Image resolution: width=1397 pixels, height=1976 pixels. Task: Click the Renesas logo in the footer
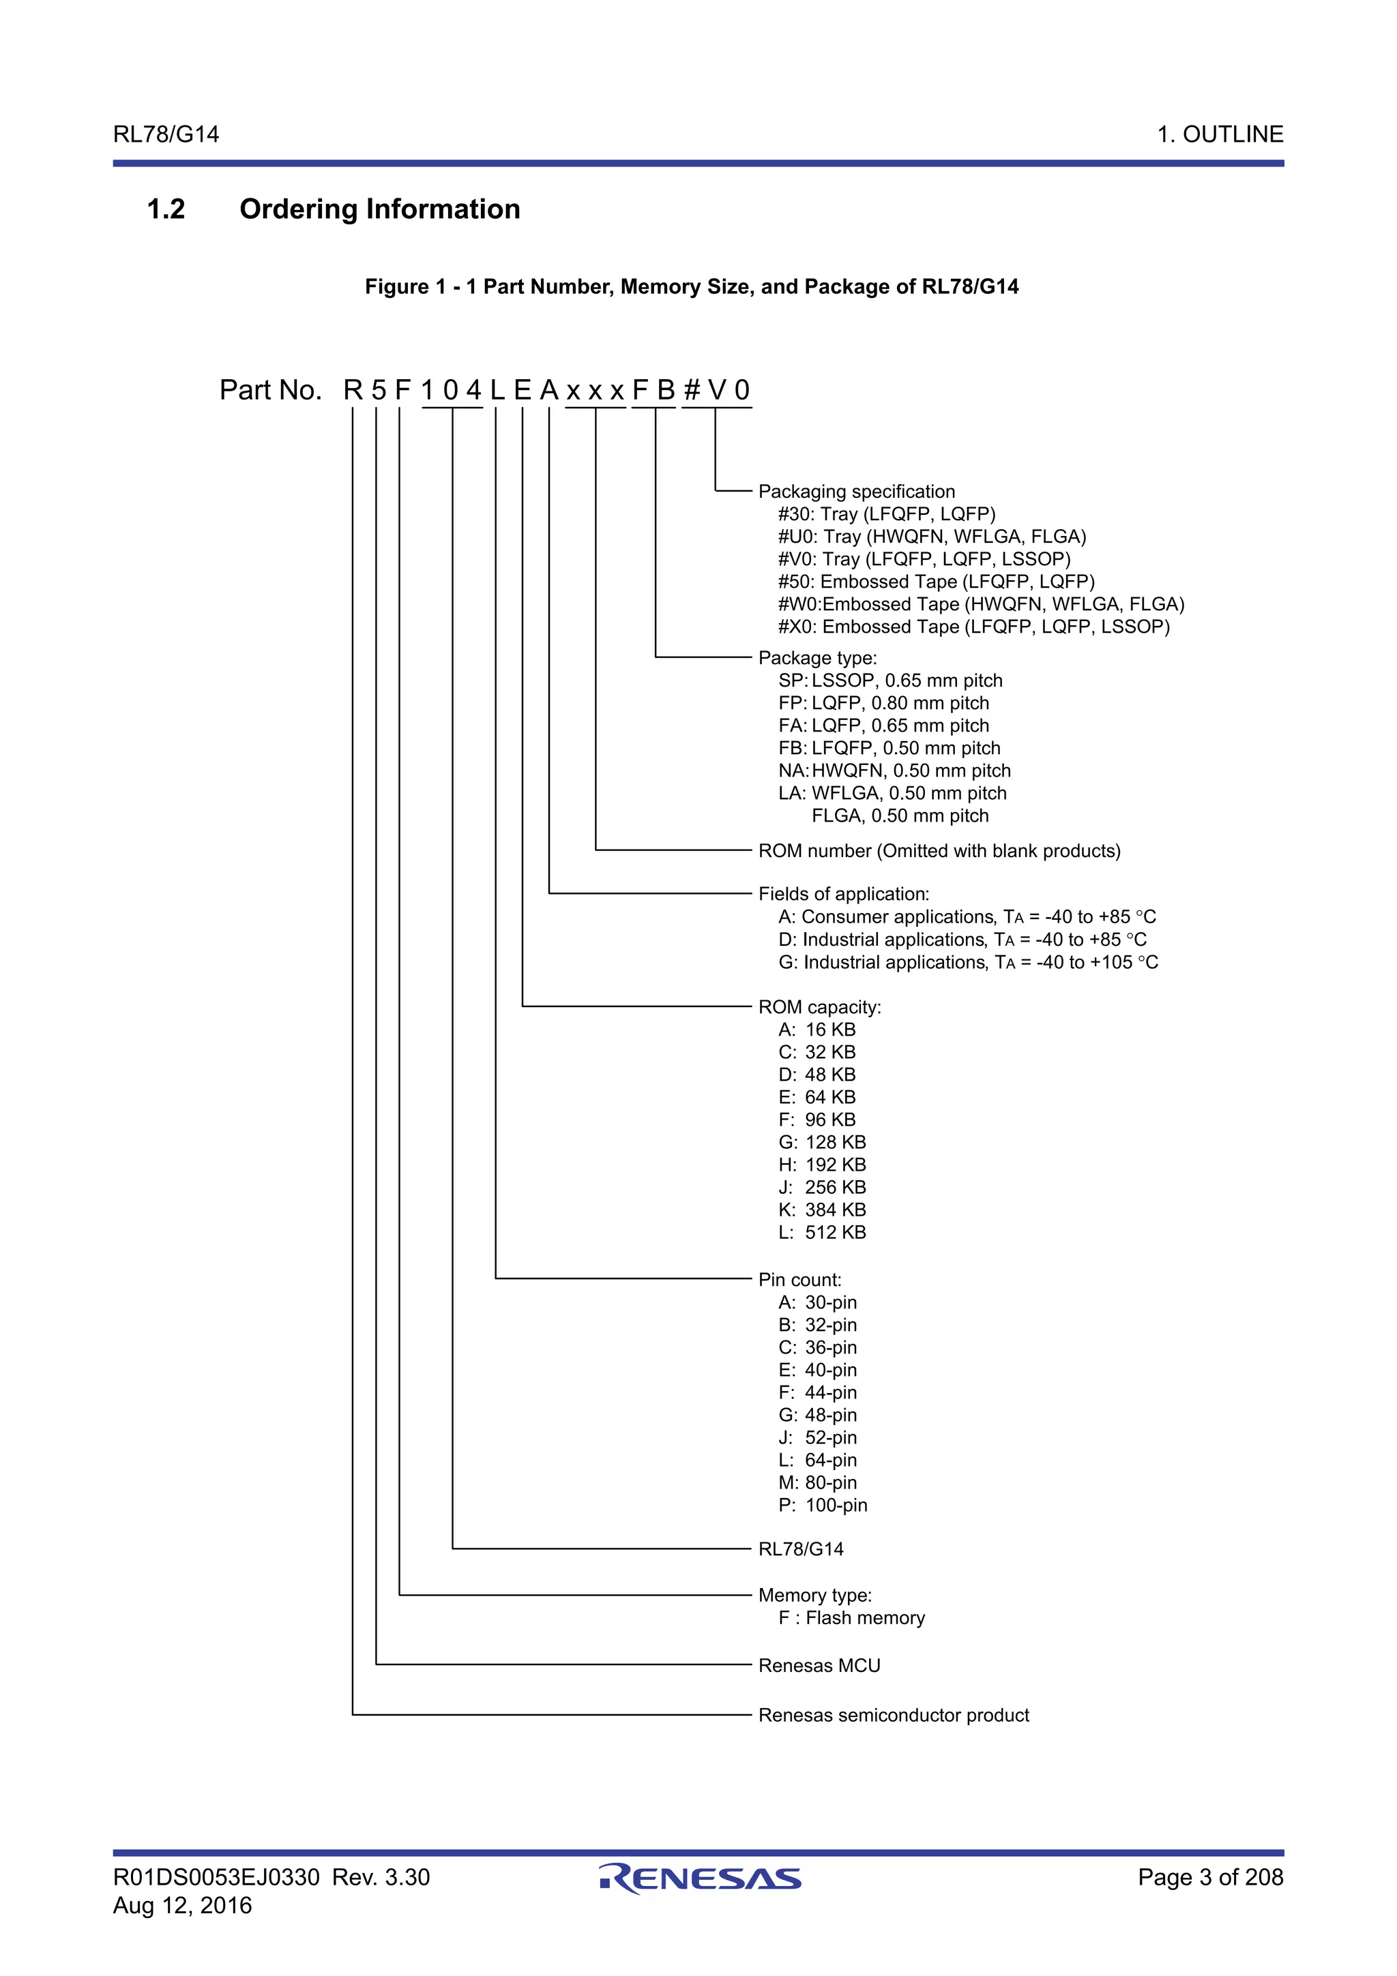pyautogui.click(x=700, y=1878)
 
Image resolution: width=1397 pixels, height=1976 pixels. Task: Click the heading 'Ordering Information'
pyautogui.click(x=379, y=209)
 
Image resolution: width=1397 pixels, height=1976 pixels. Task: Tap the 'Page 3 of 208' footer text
pyautogui.click(x=1209, y=1877)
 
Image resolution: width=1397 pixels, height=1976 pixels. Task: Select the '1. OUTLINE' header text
pyautogui.click(x=1219, y=134)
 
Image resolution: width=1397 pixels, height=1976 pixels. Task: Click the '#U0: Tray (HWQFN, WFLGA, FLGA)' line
pyautogui.click(x=931, y=537)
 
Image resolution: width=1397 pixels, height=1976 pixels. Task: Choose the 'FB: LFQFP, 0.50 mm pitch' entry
pyautogui.click(x=889, y=748)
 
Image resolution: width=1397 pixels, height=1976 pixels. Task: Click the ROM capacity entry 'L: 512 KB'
pyautogui.click(x=822, y=1232)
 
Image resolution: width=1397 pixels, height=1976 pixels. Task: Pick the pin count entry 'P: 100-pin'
pyautogui.click(x=823, y=1506)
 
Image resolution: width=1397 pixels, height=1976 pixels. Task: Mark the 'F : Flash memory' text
pyautogui.click(x=851, y=1618)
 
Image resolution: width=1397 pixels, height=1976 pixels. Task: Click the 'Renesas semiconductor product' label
pyautogui.click(x=893, y=1716)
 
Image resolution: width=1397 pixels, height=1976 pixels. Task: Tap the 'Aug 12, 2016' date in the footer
pyautogui.click(x=183, y=1905)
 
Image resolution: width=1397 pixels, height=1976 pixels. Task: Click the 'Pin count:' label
pyautogui.click(x=799, y=1280)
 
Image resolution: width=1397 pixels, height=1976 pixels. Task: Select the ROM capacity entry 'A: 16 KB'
pyautogui.click(x=817, y=1030)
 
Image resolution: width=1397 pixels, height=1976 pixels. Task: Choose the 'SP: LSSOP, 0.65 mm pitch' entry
pyautogui.click(x=890, y=680)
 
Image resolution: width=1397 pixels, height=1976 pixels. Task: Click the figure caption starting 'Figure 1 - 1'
pyautogui.click(x=691, y=286)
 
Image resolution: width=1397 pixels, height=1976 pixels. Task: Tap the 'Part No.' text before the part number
pyautogui.click(x=270, y=390)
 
